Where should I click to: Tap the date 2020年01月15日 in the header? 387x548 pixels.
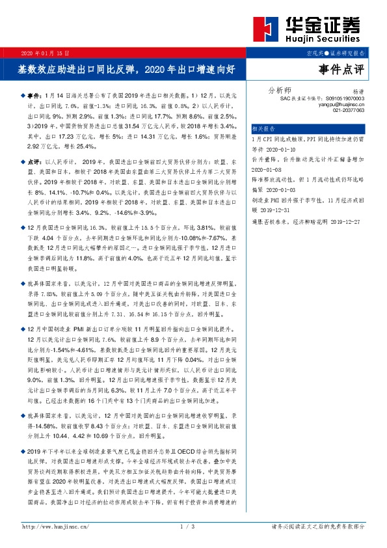46,51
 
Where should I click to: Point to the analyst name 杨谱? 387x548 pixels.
358,92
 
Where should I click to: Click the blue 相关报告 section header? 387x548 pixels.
263,129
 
